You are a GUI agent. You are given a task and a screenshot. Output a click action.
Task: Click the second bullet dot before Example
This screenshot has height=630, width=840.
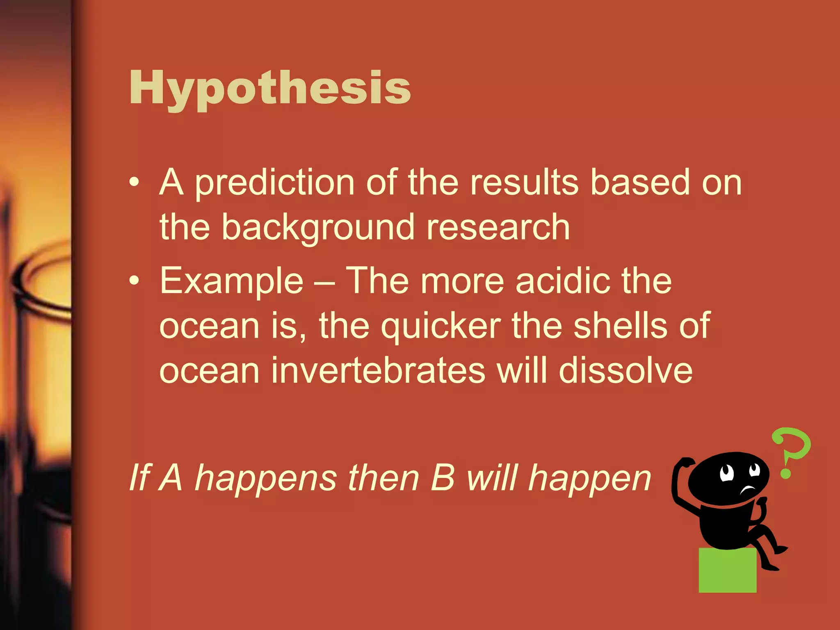coord(134,281)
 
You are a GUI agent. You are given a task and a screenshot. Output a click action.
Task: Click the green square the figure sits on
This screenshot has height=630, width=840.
coord(727,571)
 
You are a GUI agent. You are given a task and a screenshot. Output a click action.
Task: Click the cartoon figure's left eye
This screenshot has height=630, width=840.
coord(726,473)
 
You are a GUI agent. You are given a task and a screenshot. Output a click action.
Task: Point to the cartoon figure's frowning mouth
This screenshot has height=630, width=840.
coord(748,489)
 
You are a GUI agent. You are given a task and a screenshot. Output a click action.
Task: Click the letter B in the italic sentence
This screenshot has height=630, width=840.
coord(443,478)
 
